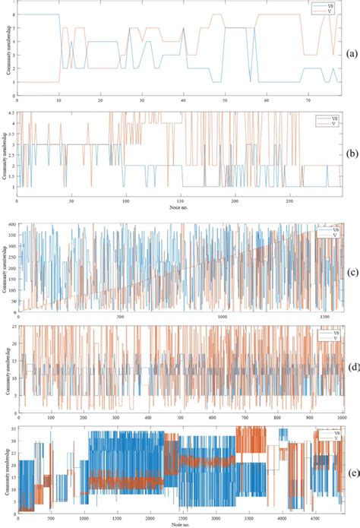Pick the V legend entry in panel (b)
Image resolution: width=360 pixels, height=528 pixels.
327,122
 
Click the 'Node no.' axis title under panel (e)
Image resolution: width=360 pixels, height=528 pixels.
179,524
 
